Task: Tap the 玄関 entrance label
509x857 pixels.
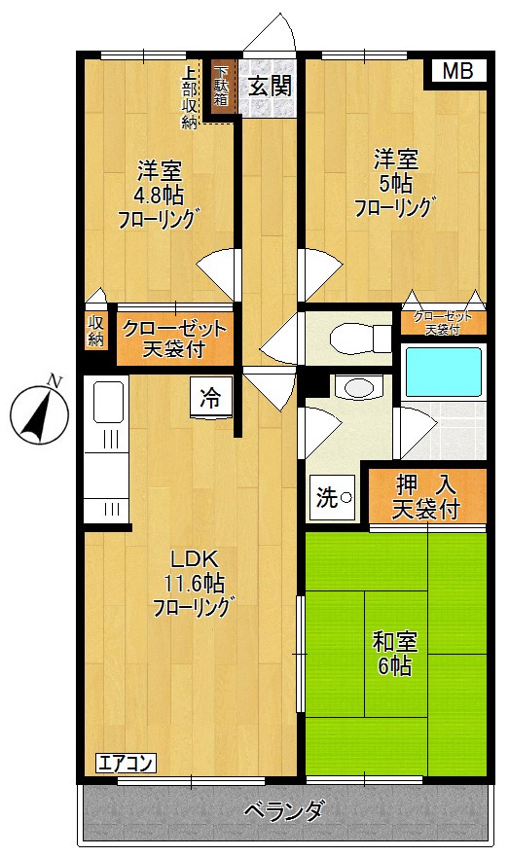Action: pos(268,86)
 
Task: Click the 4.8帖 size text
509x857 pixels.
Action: pos(159,194)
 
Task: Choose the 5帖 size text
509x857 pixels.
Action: pos(395,182)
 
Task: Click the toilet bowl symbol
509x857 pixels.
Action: pos(348,339)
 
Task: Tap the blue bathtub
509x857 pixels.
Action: pos(443,373)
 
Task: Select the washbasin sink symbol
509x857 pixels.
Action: pos(357,387)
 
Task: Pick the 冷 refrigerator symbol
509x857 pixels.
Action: pos(210,397)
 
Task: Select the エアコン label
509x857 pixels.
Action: pos(125,763)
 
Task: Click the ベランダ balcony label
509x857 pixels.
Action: pos(283,810)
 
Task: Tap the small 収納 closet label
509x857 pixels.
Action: pos(95,332)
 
